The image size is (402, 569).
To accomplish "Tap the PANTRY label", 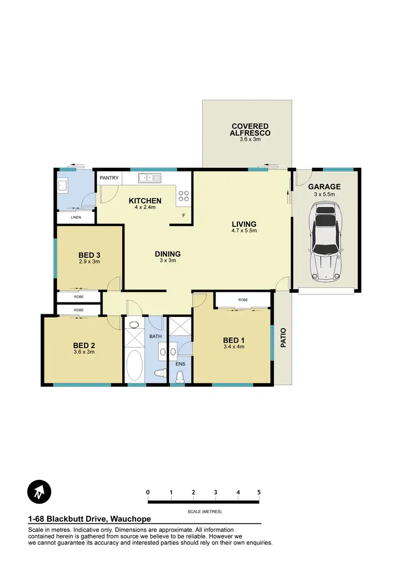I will [x=109, y=178].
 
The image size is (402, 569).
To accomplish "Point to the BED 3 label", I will [x=90, y=255].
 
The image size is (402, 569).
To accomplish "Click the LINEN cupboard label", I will [x=76, y=217].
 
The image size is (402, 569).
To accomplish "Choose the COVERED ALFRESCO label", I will [x=250, y=129].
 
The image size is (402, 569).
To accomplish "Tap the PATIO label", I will [x=284, y=337].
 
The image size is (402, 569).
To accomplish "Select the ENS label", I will [x=180, y=364].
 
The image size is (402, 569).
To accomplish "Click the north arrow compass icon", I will [x=39, y=491].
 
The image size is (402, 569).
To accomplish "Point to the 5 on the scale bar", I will [x=259, y=492].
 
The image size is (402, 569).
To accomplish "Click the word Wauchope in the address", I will [x=130, y=519].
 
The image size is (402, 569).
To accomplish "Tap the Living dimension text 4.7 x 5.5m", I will [x=244, y=231].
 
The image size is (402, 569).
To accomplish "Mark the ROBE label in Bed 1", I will [x=243, y=300].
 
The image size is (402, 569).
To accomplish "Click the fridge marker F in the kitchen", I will [x=183, y=216].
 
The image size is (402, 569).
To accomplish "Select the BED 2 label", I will [x=83, y=346].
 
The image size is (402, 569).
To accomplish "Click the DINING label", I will [x=168, y=254].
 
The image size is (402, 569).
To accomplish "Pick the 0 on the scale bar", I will [x=147, y=492].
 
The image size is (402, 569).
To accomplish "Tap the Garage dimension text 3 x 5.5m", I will [x=324, y=194].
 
